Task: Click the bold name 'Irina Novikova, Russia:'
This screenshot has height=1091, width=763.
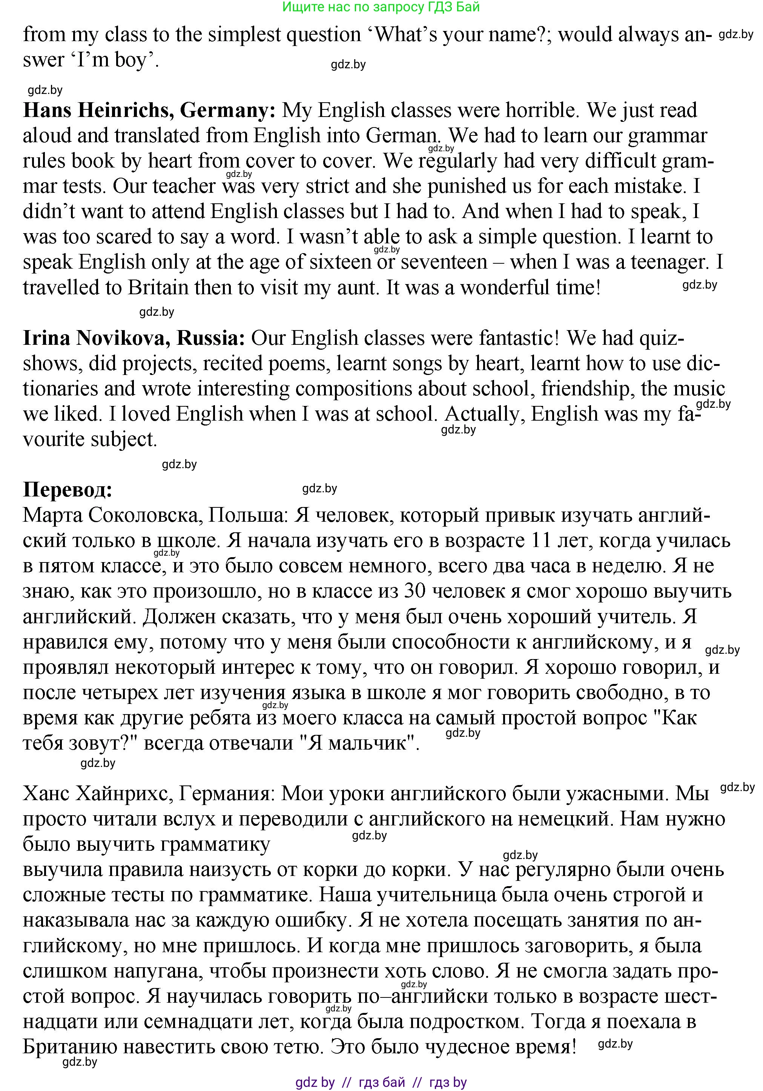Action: [134, 338]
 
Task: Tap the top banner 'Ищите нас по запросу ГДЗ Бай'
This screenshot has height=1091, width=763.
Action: [381, 7]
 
